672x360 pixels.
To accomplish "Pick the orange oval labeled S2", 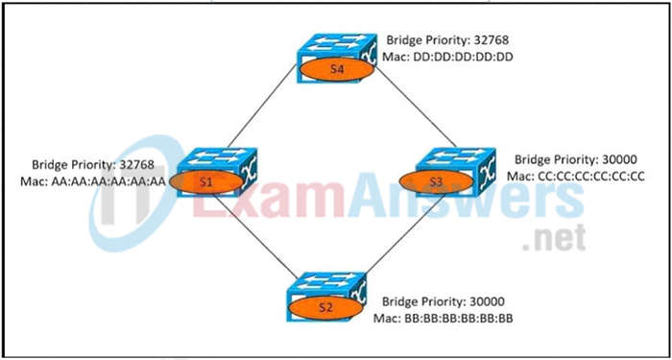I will click(324, 308).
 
